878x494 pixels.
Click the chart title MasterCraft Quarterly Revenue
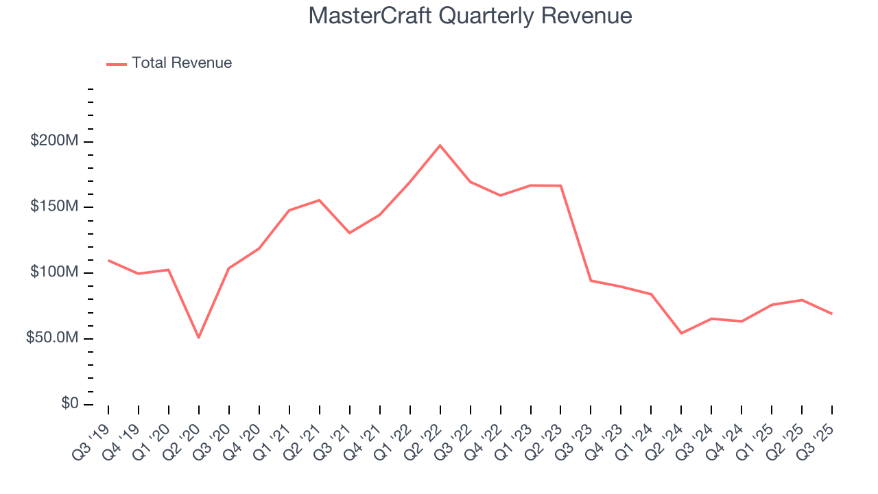pyautogui.click(x=470, y=15)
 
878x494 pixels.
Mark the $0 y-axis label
pyautogui.click(x=69, y=404)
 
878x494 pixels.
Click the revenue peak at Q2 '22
pyautogui.click(x=440, y=145)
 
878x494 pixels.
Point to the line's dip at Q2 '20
pyautogui.click(x=199, y=338)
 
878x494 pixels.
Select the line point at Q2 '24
pyautogui.click(x=681, y=333)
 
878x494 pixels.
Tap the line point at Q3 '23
pyautogui.click(x=591, y=281)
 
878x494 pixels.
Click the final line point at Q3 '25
pyautogui.click(x=831, y=314)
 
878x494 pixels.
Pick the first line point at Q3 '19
pyautogui.click(x=108, y=261)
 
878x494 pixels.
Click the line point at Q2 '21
pyautogui.click(x=319, y=200)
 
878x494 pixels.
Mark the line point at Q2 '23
pyautogui.click(x=560, y=186)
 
